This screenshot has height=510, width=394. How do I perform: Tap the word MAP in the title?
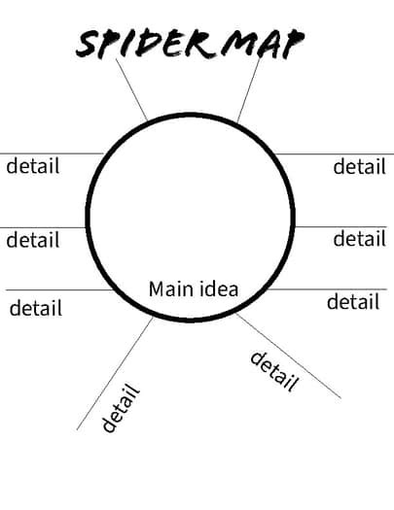[x=261, y=44]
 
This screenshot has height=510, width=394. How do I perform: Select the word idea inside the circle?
[x=219, y=289]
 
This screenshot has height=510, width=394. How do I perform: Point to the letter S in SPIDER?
[x=89, y=45]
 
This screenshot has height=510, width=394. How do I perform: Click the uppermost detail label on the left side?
[x=33, y=166]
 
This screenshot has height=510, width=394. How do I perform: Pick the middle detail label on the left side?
[x=33, y=239]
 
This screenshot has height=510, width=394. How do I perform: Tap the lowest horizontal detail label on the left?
[x=35, y=308]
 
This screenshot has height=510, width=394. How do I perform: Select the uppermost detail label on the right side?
[x=359, y=166]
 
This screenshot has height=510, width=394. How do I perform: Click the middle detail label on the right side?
[x=359, y=238]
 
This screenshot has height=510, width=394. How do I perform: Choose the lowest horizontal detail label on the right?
[x=352, y=302]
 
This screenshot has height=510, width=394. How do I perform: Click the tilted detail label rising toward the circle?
[x=122, y=408]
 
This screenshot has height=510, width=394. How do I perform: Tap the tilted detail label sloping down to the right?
[x=273, y=370]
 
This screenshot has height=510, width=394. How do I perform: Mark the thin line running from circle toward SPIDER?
[x=131, y=89]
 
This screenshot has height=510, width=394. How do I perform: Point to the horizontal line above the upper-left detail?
[x=49, y=153]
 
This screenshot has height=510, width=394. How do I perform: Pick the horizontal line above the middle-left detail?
[x=44, y=227]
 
